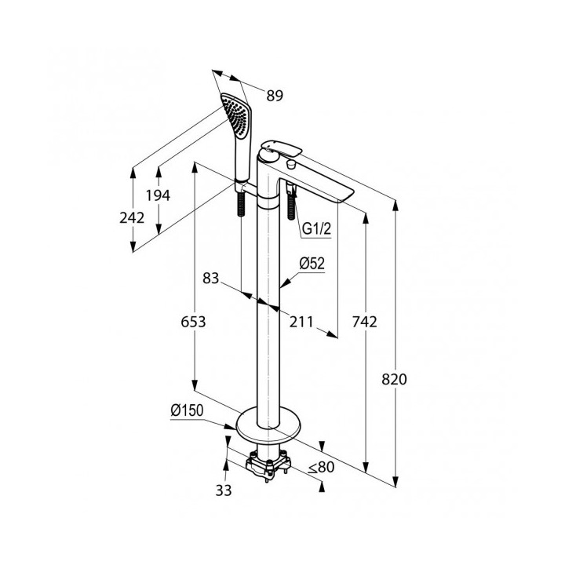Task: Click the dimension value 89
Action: pyautogui.click(x=275, y=96)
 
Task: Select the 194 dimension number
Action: pyautogui.click(x=158, y=195)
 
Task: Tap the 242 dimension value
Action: pyautogui.click(x=132, y=217)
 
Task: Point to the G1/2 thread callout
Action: pyautogui.click(x=316, y=228)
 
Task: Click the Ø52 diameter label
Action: pyautogui.click(x=312, y=264)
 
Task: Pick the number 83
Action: pyautogui.click(x=211, y=278)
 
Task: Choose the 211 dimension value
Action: pyautogui.click(x=301, y=322)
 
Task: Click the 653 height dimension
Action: pyautogui.click(x=193, y=322)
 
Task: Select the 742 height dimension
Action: pyautogui.click(x=365, y=322)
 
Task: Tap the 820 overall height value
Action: pyautogui.click(x=394, y=380)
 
